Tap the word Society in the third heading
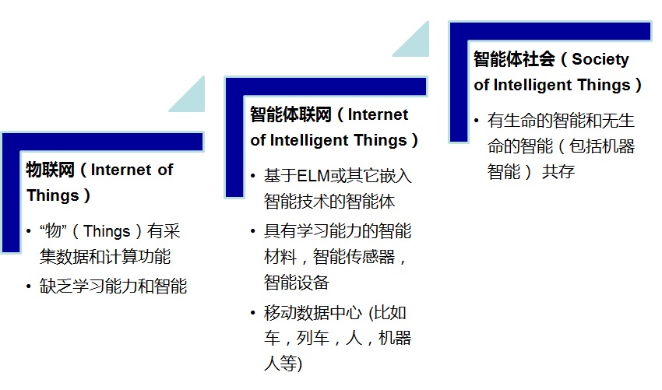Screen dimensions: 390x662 pyautogui.click(x=600, y=59)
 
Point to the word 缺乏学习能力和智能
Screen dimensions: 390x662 pyautogui.click(x=114, y=286)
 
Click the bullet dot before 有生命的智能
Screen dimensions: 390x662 pyautogui.click(x=477, y=121)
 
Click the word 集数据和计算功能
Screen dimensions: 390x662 pyautogui.click(x=105, y=256)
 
